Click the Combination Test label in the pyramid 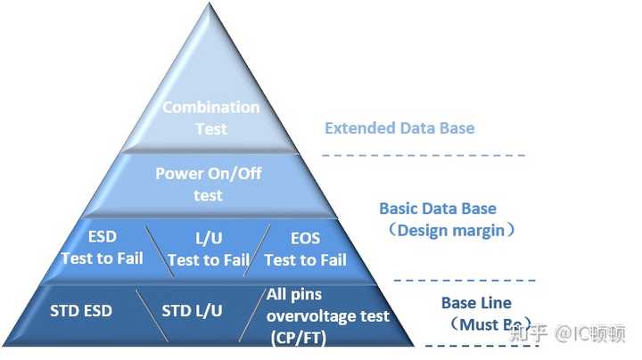pos(210,118)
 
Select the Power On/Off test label pos(209,184)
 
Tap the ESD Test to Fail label pos(101,248)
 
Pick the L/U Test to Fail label pos(208,250)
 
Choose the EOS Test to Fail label pos(305,250)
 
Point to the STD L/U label pos(192,311)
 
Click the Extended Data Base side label pos(399,127)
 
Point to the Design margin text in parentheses pos(450,230)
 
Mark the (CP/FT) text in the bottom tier pos(298,337)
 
